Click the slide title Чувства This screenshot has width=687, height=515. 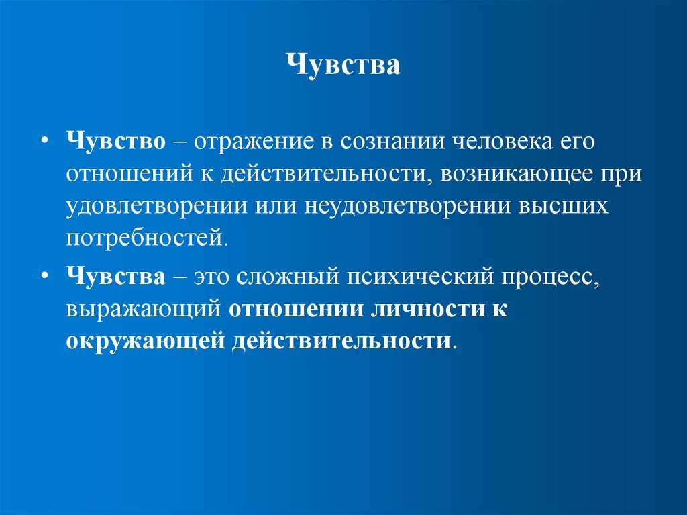(343, 66)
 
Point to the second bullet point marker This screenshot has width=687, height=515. (45, 277)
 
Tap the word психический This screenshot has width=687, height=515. (422, 277)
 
